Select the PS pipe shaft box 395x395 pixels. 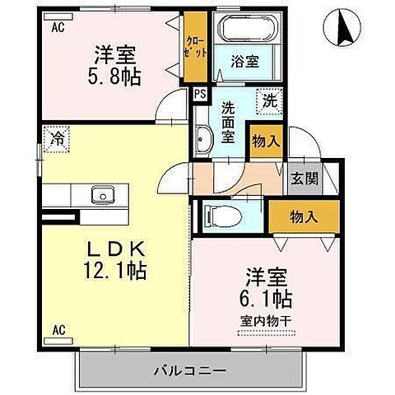(x=199, y=93)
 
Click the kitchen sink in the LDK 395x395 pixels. (x=103, y=195)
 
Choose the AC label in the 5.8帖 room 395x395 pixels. (x=58, y=27)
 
